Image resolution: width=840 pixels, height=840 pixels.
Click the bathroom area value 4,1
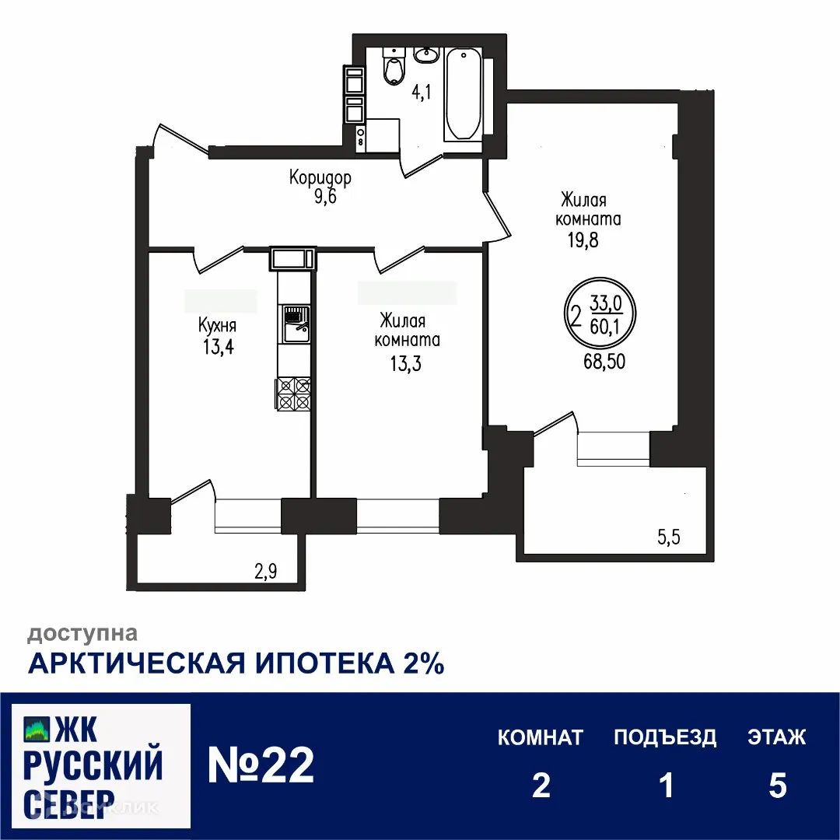coord(421,93)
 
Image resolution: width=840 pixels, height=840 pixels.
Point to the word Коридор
coord(320,177)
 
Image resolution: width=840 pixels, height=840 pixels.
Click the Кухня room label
coord(217,326)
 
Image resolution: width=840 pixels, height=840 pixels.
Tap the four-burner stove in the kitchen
coord(294,394)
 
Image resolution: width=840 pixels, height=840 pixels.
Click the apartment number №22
coord(261,766)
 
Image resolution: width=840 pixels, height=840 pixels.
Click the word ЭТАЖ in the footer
coord(777,737)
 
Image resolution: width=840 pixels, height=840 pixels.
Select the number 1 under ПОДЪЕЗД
coord(665,786)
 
